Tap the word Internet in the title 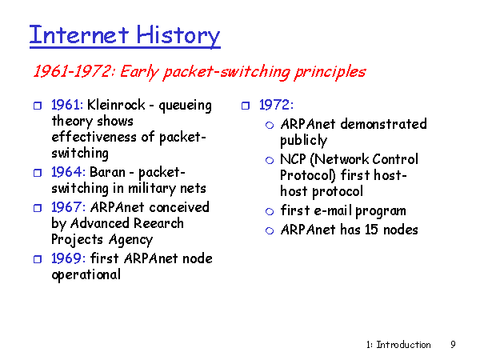[79, 34]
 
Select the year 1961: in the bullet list [67, 105]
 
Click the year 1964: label [68, 172]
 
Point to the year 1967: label [68, 207]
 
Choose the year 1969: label [68, 258]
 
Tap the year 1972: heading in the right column [276, 105]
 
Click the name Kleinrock [116, 105]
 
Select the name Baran [107, 172]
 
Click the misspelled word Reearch [158, 223]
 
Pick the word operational [86, 274]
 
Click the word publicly [304, 141]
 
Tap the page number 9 [453, 345]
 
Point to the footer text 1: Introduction [398, 345]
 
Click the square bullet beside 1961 [38, 106]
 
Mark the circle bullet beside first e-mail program [270, 211]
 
